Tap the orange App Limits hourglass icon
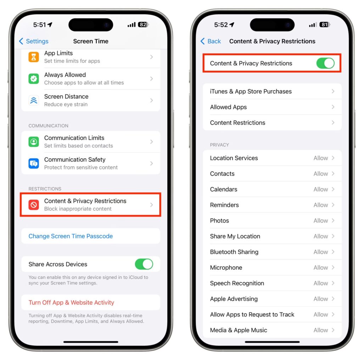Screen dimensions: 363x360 pos(34,57)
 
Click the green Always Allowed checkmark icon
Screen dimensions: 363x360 pos(34,79)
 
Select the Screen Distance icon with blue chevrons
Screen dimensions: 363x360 pos(34,100)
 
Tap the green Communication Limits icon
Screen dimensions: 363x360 pos(34,142)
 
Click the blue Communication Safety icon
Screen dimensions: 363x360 pos(34,163)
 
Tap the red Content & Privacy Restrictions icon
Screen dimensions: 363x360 pos(34,205)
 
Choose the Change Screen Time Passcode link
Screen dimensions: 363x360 pos(71,236)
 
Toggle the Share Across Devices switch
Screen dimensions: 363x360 pos(144,264)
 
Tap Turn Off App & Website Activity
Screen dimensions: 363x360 pos(71,302)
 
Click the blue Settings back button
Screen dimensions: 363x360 pos(34,41)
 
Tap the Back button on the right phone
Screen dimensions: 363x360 pos(211,41)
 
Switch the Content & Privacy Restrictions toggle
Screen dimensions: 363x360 pos(325,63)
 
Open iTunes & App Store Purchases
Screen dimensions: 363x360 pos(251,91)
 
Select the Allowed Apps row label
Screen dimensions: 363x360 pos(228,107)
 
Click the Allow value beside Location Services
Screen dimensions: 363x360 pos(320,158)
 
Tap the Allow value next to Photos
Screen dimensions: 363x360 pos(320,220)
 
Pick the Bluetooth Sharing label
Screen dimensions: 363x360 pos(234,252)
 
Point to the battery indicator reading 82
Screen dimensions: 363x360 pos(143,24)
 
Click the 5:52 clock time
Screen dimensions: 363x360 pos(221,25)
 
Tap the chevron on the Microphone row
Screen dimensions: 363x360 pos(333,268)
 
